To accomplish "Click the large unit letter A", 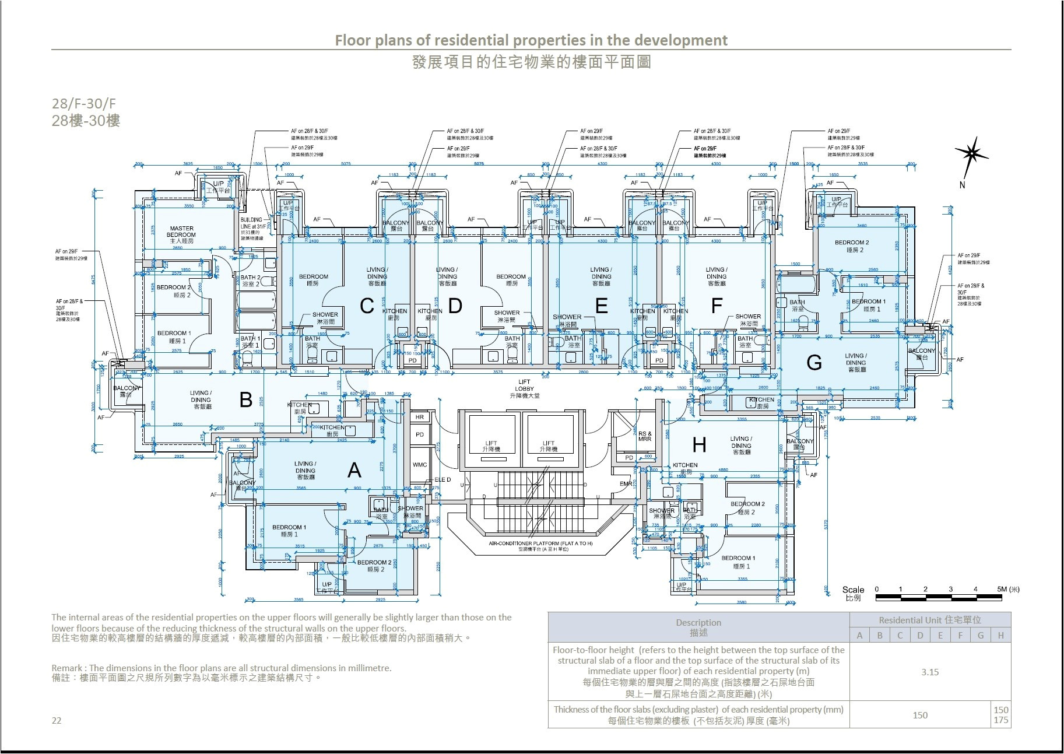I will pos(354,470).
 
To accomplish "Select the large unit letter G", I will pos(814,363).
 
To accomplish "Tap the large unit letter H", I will pos(699,446).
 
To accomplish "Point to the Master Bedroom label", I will pos(181,232).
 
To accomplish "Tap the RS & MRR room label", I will pos(644,436).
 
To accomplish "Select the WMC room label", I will pos(420,465).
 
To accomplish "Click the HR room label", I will pos(420,418).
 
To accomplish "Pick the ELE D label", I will pos(442,479).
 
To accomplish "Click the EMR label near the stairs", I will pos(625,483).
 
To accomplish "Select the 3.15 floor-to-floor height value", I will pos(930,672).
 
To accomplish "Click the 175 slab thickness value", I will pos(1000,721).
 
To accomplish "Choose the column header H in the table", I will pos(1000,636).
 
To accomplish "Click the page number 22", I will pos(57,720).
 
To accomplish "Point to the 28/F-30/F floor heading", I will pos(84,104).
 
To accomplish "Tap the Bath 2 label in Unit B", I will pos(251,280).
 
